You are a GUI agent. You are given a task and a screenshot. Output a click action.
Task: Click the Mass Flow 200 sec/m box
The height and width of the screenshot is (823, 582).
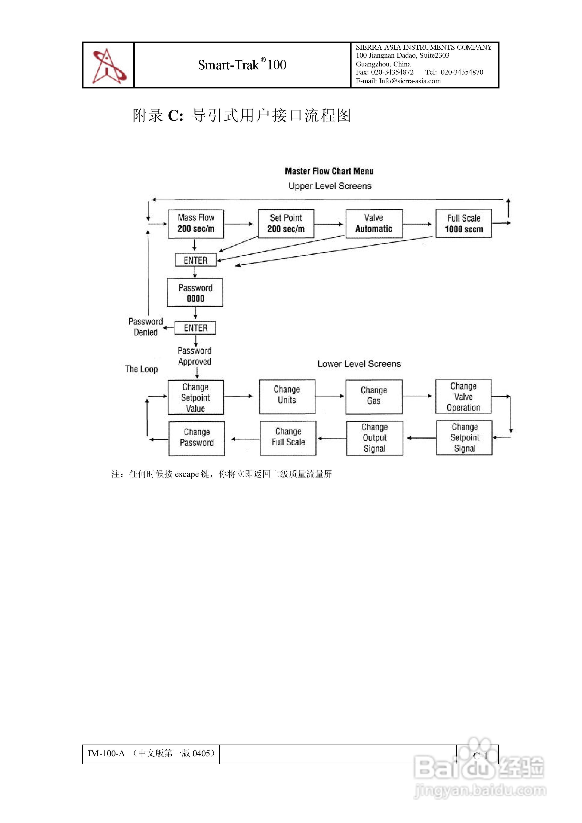[x=196, y=224]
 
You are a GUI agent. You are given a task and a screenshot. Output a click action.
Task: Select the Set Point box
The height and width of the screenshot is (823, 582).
[x=286, y=223]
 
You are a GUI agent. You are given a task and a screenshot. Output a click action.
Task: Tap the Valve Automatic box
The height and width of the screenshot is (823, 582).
[x=374, y=223]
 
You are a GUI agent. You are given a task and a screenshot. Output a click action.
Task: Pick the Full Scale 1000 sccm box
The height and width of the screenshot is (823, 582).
[x=464, y=223]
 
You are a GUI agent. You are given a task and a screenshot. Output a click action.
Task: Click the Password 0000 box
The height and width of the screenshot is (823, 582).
[x=195, y=292]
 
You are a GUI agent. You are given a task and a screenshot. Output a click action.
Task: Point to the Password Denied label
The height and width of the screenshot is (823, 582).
[x=145, y=327]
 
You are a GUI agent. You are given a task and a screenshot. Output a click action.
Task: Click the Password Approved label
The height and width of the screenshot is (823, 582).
[x=195, y=356]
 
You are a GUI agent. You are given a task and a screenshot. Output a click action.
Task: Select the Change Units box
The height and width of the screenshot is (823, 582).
[x=287, y=397]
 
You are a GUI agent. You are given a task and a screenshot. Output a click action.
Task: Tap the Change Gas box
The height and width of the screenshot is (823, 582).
[x=374, y=397]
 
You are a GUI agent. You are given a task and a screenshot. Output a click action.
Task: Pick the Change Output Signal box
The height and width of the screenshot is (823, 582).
[x=374, y=438]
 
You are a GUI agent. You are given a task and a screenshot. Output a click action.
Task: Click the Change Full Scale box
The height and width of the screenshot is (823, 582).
[x=288, y=438]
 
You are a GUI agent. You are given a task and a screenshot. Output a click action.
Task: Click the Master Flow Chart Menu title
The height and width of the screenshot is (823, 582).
[x=329, y=171]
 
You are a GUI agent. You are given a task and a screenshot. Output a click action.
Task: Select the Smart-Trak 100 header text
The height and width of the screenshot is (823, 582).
[x=242, y=65]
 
